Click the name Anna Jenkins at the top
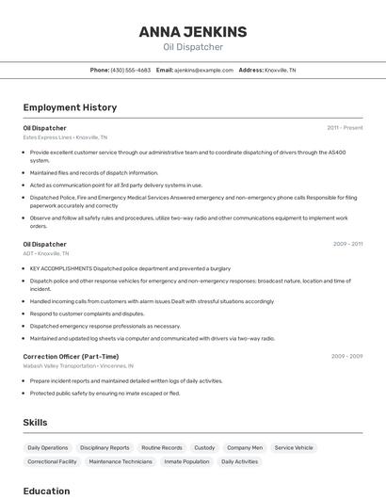pos(192,32)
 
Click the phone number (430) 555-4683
pos(131,70)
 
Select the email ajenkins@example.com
pos(203,70)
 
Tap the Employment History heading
pos(70,107)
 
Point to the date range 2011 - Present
pos(345,127)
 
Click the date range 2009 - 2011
pos(347,244)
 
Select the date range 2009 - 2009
pos(346,357)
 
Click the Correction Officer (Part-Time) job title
pos(71,357)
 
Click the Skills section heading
pos(35,423)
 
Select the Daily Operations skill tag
pos(48,448)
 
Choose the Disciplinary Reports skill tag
pos(105,448)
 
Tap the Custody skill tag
pos(204,448)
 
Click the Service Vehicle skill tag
pos(294,448)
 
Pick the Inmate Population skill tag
pos(186,462)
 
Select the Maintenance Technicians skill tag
pos(121,462)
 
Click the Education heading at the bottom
pos(46,491)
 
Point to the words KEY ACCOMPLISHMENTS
pos(61,268)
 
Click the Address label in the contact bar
pos(250,70)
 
